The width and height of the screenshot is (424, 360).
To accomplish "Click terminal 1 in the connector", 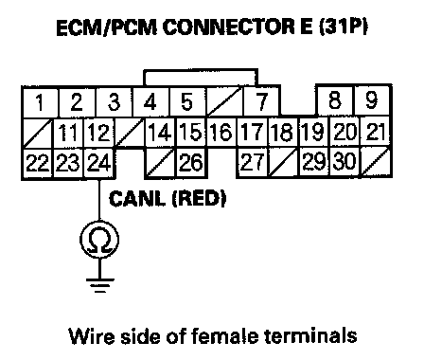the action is [x=40, y=102].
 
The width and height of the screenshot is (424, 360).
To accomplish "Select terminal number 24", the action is [x=99, y=163].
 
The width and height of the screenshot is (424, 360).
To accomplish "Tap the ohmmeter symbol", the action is [x=99, y=239].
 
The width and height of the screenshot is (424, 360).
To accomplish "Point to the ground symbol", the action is [x=100, y=285].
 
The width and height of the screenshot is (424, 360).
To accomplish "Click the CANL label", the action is [x=137, y=199].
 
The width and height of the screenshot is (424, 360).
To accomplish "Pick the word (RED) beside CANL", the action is [x=199, y=199].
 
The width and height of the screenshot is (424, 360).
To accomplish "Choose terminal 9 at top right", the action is [x=373, y=100].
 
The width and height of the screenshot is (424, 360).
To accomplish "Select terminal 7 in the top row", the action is [x=261, y=101].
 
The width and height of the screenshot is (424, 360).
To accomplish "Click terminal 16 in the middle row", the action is [x=221, y=132].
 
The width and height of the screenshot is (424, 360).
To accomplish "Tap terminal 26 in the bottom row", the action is [x=191, y=162].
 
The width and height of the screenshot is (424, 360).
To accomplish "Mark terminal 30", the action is [x=345, y=162].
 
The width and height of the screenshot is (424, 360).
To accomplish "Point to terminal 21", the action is [x=376, y=132].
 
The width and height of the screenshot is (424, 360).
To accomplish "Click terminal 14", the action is [x=160, y=132].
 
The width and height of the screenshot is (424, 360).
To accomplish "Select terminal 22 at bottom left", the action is [x=38, y=163].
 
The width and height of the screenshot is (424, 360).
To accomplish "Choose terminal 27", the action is [x=252, y=162].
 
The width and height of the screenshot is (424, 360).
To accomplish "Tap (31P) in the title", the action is [x=344, y=27].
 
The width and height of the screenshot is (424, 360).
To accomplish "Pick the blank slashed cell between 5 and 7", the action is [x=225, y=101].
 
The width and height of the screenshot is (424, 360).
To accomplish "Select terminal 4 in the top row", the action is [x=150, y=102].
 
